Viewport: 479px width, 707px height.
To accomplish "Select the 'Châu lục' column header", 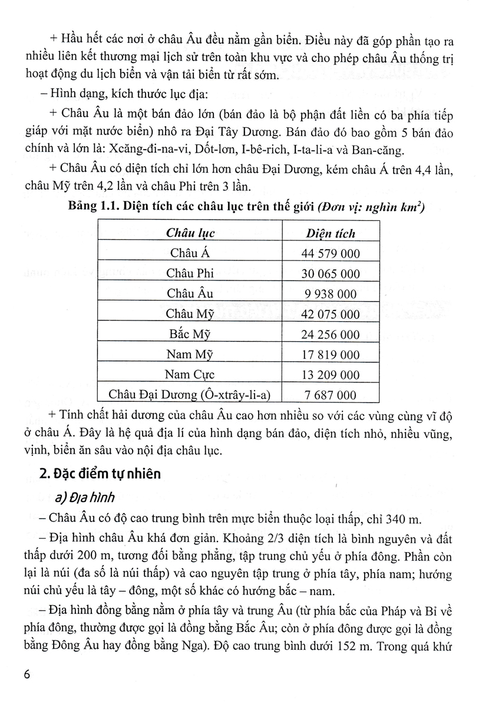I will pos(190,233).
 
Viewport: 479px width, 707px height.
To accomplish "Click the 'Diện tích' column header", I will pos(331,233).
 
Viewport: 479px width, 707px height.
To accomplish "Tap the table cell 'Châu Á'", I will pos(190,253).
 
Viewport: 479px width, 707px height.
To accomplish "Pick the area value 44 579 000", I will pos(331,253).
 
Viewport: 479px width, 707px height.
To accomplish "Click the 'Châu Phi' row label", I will pos(190,273).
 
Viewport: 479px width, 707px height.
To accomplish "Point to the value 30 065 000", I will pos(331,273).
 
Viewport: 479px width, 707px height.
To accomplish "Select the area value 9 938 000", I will pos(331,294).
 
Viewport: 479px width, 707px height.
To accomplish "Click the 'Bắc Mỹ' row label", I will pos(190,335).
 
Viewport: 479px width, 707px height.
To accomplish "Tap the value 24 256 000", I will pos(331,335).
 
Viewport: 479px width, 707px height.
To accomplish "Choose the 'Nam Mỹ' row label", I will pos(190,355).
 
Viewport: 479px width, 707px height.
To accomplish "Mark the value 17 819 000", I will pos(331,355).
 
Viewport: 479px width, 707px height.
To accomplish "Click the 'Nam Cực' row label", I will pos(190,375).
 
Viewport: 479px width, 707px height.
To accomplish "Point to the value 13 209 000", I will pos(331,375).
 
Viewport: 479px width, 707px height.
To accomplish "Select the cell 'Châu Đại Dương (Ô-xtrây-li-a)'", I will pos(190,395).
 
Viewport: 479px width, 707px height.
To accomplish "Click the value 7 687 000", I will pos(331,395).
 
